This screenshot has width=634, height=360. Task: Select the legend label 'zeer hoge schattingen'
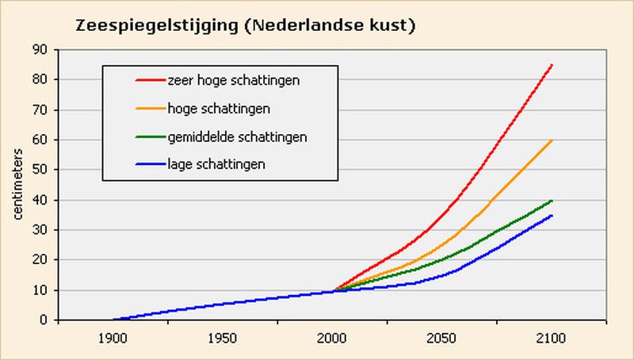(232, 81)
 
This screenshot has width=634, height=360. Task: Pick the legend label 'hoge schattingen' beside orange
(219, 109)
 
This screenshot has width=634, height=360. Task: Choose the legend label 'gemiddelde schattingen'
(237, 136)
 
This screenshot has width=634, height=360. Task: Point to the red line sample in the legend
(148, 81)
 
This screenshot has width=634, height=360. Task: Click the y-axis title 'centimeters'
(17, 185)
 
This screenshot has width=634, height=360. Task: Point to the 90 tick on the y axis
(40, 49)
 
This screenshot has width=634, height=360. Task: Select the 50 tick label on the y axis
(40, 170)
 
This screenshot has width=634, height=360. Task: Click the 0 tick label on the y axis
(44, 320)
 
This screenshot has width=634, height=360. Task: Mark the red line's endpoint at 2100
(552, 64)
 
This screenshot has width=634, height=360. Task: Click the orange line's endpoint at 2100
(552, 140)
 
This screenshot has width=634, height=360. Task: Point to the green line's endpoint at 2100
(552, 200)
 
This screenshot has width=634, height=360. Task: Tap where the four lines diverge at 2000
(333, 291)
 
